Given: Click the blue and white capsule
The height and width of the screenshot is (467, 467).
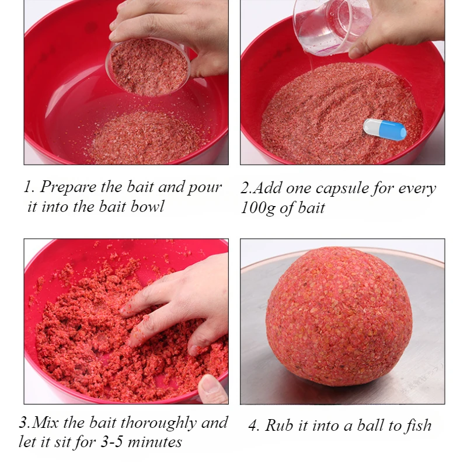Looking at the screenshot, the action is pos(385,129).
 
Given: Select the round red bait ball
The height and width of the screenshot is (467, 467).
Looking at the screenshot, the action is pos(339,316).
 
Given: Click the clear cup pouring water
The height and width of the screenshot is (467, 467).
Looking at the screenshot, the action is pos(332,25).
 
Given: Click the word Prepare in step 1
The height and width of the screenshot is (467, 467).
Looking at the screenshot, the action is pos(68,187).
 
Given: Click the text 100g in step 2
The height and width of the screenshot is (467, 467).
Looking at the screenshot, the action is pos(258,208).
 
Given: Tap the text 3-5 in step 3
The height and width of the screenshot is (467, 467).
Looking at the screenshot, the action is pos(111,442).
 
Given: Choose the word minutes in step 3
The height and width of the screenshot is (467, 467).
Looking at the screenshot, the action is pos(154,442).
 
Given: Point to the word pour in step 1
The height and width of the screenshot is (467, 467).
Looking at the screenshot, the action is pos(205,188).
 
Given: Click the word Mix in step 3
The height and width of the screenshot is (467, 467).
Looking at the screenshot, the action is pos(46,423).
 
